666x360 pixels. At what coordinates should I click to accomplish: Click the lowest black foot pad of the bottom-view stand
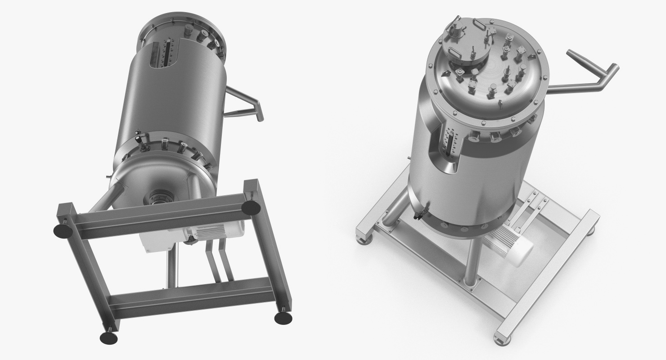coord(108,337)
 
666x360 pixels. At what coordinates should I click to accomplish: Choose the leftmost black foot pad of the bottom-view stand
coord(63,231)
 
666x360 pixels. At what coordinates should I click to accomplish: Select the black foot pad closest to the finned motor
coord(251,207)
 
